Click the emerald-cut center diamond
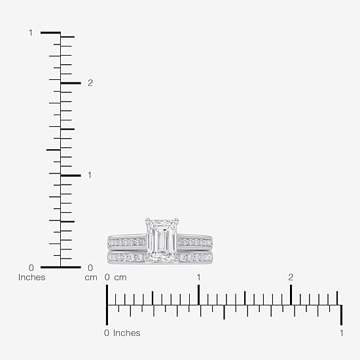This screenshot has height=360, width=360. pos(162,240)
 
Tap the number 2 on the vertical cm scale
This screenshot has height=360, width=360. pos(90,83)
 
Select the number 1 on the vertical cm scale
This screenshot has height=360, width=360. pos(90,175)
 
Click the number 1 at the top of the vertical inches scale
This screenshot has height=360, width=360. pos(31,33)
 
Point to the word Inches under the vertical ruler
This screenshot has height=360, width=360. pos(31,278)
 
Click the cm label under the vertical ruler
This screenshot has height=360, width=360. pos(91,278)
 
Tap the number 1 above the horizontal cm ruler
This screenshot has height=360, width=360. pos(198,278)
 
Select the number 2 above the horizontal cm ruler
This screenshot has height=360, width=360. pos(291,278)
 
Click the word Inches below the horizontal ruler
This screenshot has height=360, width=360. pos(127,333)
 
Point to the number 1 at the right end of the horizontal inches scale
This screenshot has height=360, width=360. pos(342,333)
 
